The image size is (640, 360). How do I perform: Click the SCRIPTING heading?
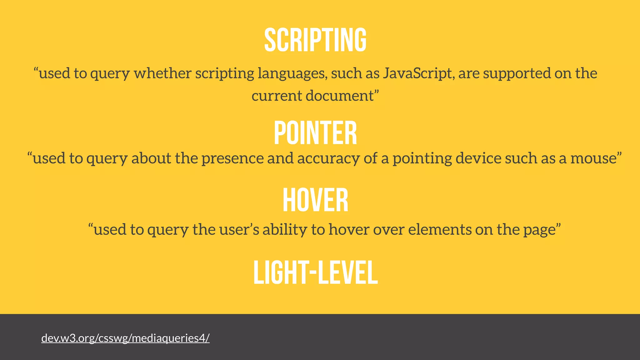(x=315, y=40)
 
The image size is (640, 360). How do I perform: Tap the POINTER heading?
(x=315, y=133)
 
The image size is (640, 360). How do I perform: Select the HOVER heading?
(x=315, y=200)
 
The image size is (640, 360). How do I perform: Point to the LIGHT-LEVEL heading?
(x=315, y=272)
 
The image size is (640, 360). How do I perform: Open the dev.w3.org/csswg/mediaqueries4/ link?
(x=125, y=338)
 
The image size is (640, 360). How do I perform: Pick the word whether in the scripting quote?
(x=162, y=73)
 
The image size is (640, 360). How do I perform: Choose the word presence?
(x=232, y=158)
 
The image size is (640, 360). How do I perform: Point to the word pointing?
(x=422, y=158)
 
